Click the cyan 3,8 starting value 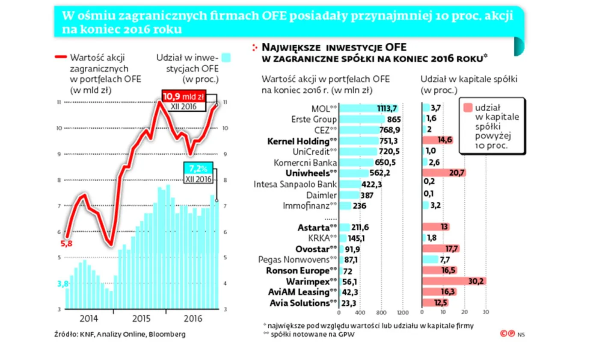[63, 283]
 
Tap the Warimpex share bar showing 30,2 [454, 281]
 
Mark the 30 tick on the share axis [486, 312]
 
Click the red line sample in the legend [60, 57]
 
